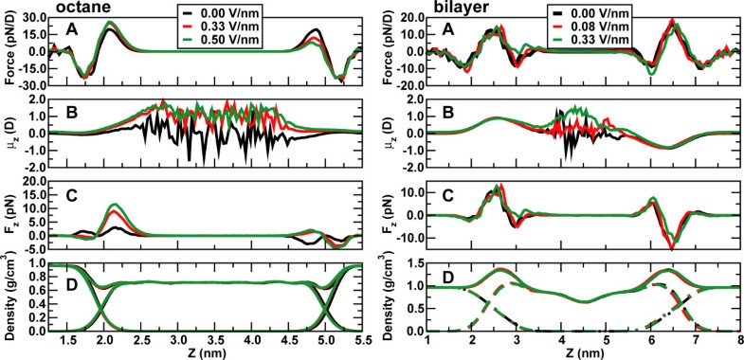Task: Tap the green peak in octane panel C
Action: coord(115,205)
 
